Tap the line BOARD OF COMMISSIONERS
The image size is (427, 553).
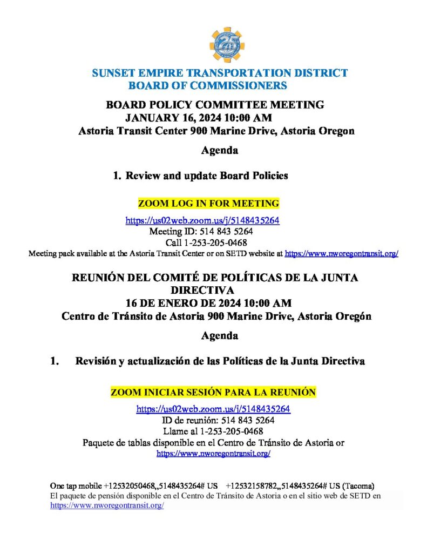[208, 85]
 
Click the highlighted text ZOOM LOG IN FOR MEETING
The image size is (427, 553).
[209, 204]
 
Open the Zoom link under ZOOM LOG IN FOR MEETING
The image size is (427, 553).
[202, 220]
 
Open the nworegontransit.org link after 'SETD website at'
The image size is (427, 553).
[341, 253]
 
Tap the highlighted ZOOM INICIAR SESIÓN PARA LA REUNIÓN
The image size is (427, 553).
[213, 392]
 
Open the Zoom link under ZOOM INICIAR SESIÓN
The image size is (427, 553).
[213, 409]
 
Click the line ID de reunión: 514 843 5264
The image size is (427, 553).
[218, 420]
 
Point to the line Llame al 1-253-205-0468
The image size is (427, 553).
[213, 431]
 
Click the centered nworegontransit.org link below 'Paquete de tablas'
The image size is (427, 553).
[213, 454]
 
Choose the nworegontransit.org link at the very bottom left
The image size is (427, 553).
[107, 505]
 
